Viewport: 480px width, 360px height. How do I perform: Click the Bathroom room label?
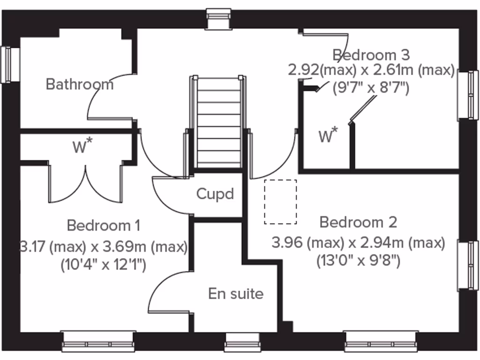point(80,84)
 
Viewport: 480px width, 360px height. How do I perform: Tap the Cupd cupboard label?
point(215,194)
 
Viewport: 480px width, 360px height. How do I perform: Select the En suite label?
point(236,294)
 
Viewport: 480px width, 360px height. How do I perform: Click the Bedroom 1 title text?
point(104,225)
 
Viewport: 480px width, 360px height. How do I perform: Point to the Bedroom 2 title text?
point(358,222)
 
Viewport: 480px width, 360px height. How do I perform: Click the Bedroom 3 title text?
point(371,55)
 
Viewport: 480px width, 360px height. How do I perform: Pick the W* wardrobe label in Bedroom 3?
point(328,136)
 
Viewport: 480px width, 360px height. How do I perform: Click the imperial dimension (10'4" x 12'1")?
point(104,265)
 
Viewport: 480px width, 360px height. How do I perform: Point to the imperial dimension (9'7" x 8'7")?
point(371,87)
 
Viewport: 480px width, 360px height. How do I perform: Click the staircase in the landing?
point(218,122)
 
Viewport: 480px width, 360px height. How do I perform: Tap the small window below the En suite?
point(242,342)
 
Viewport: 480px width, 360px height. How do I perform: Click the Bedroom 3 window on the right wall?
point(469,95)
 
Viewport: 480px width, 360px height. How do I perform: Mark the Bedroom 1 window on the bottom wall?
point(99,342)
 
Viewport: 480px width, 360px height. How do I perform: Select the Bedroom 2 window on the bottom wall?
point(380,342)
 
